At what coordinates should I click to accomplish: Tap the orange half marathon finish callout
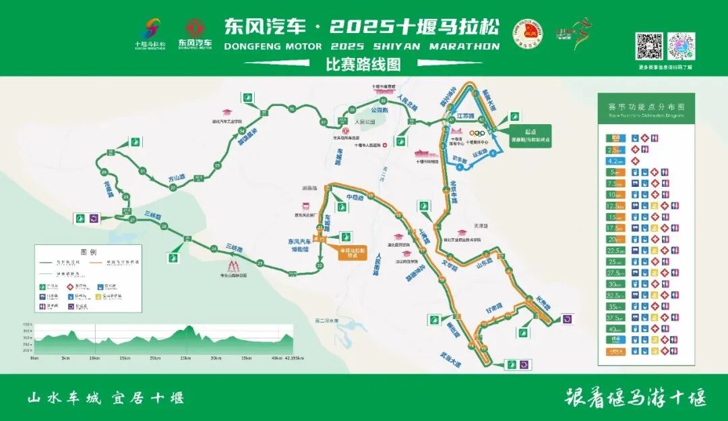351,252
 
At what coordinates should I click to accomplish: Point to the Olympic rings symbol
477,133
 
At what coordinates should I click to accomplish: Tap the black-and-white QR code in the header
650,46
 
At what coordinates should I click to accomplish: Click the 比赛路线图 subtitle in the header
363,65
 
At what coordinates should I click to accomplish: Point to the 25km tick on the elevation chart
185,358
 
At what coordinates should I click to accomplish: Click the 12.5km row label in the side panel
613,205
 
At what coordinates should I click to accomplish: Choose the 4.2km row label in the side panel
613,161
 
